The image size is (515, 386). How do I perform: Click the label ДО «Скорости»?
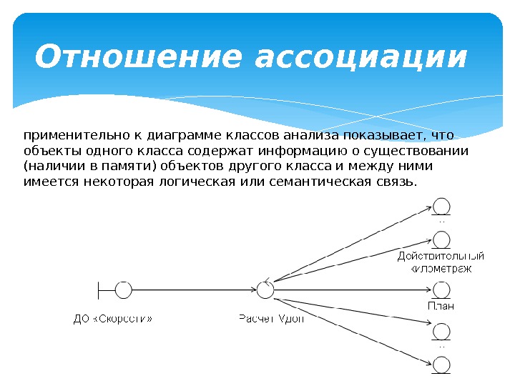114,319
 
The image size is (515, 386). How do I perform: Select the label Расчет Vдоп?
270,319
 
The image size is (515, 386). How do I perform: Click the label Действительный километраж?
441,262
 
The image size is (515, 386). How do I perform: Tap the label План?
441,305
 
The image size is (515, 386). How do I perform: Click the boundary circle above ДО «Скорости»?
123,289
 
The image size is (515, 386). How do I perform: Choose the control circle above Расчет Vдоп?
265,289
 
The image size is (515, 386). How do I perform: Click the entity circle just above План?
442,289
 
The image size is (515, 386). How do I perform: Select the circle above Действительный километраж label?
442,239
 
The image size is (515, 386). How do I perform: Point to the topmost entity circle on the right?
442,205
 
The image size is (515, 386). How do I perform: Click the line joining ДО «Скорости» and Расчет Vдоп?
193,289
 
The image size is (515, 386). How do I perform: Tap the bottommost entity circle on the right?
442,366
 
